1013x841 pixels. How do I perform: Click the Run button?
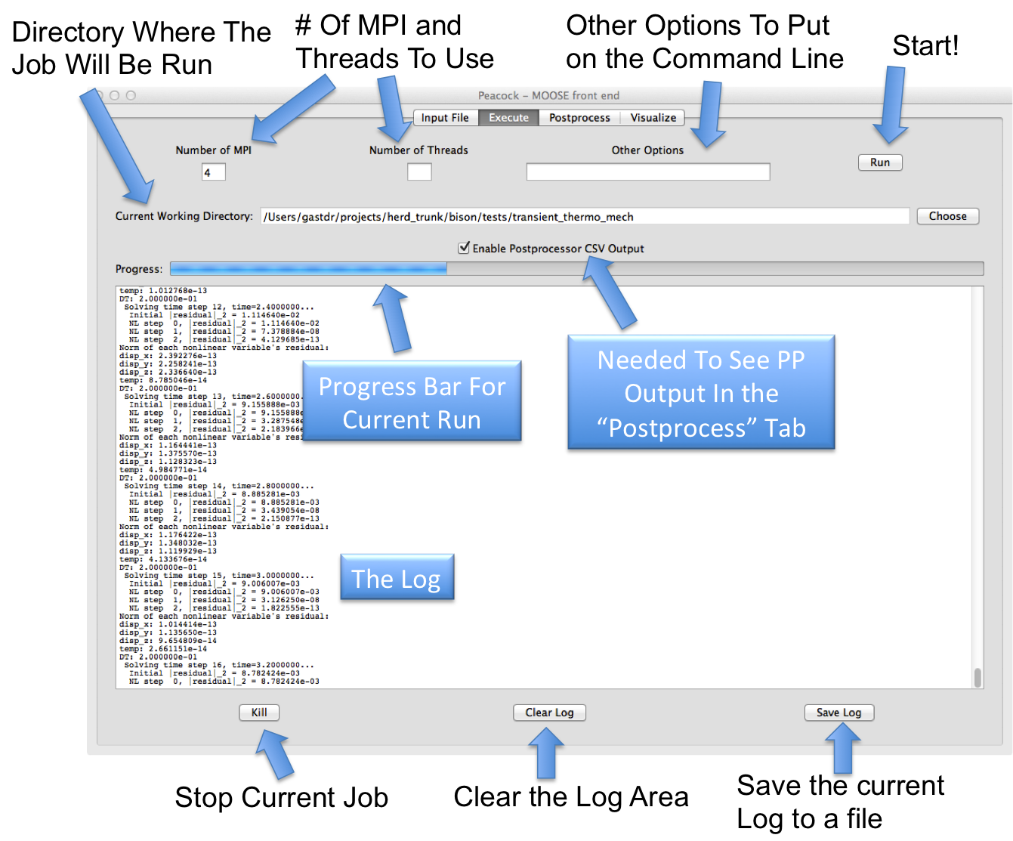880,162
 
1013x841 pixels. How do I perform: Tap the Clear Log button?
549,713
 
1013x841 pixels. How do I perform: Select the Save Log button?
839,713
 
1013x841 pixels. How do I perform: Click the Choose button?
947,216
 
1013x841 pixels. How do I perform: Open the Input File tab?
445,118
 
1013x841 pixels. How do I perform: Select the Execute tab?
508,118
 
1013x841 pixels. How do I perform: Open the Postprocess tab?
579,118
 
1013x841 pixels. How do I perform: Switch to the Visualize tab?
653,118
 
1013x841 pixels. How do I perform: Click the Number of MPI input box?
213,172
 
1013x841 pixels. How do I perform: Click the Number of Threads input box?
419,172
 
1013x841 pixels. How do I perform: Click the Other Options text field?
647,172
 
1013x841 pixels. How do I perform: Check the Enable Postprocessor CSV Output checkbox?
464,248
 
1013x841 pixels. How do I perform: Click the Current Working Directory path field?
584,217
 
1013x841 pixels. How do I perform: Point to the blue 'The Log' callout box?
397,578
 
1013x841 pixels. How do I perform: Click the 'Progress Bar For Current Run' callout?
412,402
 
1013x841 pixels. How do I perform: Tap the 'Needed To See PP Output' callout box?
701,393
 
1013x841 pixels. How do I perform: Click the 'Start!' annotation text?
925,45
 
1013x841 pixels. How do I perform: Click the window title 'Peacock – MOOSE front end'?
548,95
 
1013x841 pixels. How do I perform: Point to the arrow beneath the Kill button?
275,755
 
